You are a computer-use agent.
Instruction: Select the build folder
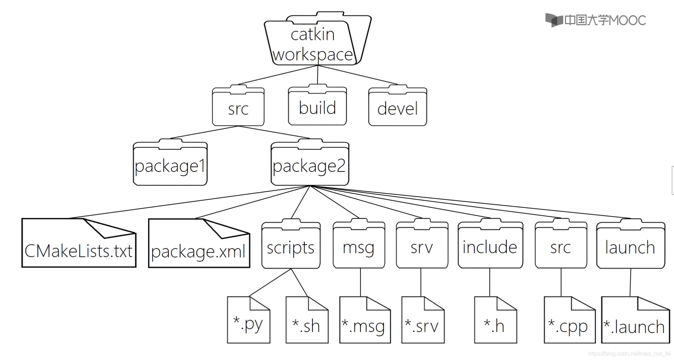click(317, 107)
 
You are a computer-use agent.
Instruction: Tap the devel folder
click(397, 108)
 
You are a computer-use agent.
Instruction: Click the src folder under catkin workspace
click(238, 108)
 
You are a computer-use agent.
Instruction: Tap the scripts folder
click(291, 247)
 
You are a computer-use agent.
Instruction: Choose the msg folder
click(359, 247)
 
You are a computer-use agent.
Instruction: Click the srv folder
click(422, 247)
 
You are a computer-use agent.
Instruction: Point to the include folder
click(490, 247)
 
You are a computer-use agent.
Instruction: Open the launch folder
click(630, 247)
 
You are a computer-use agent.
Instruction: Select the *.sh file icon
click(307, 322)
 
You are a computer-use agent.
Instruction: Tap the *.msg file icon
click(365, 322)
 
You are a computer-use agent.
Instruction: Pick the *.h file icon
click(495, 322)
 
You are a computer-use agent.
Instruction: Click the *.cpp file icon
click(569, 322)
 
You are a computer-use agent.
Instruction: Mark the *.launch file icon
click(635, 322)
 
